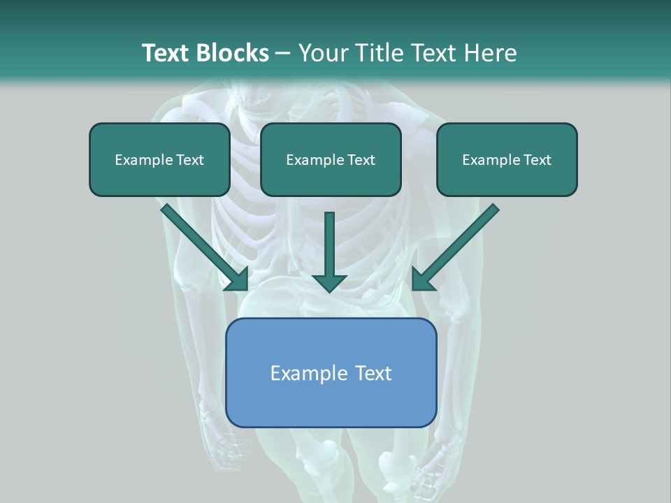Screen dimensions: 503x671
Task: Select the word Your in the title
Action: click(322, 53)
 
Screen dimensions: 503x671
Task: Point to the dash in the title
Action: click(283, 54)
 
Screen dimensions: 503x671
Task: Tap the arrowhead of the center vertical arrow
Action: click(329, 282)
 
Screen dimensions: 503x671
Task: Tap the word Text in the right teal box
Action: click(537, 160)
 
